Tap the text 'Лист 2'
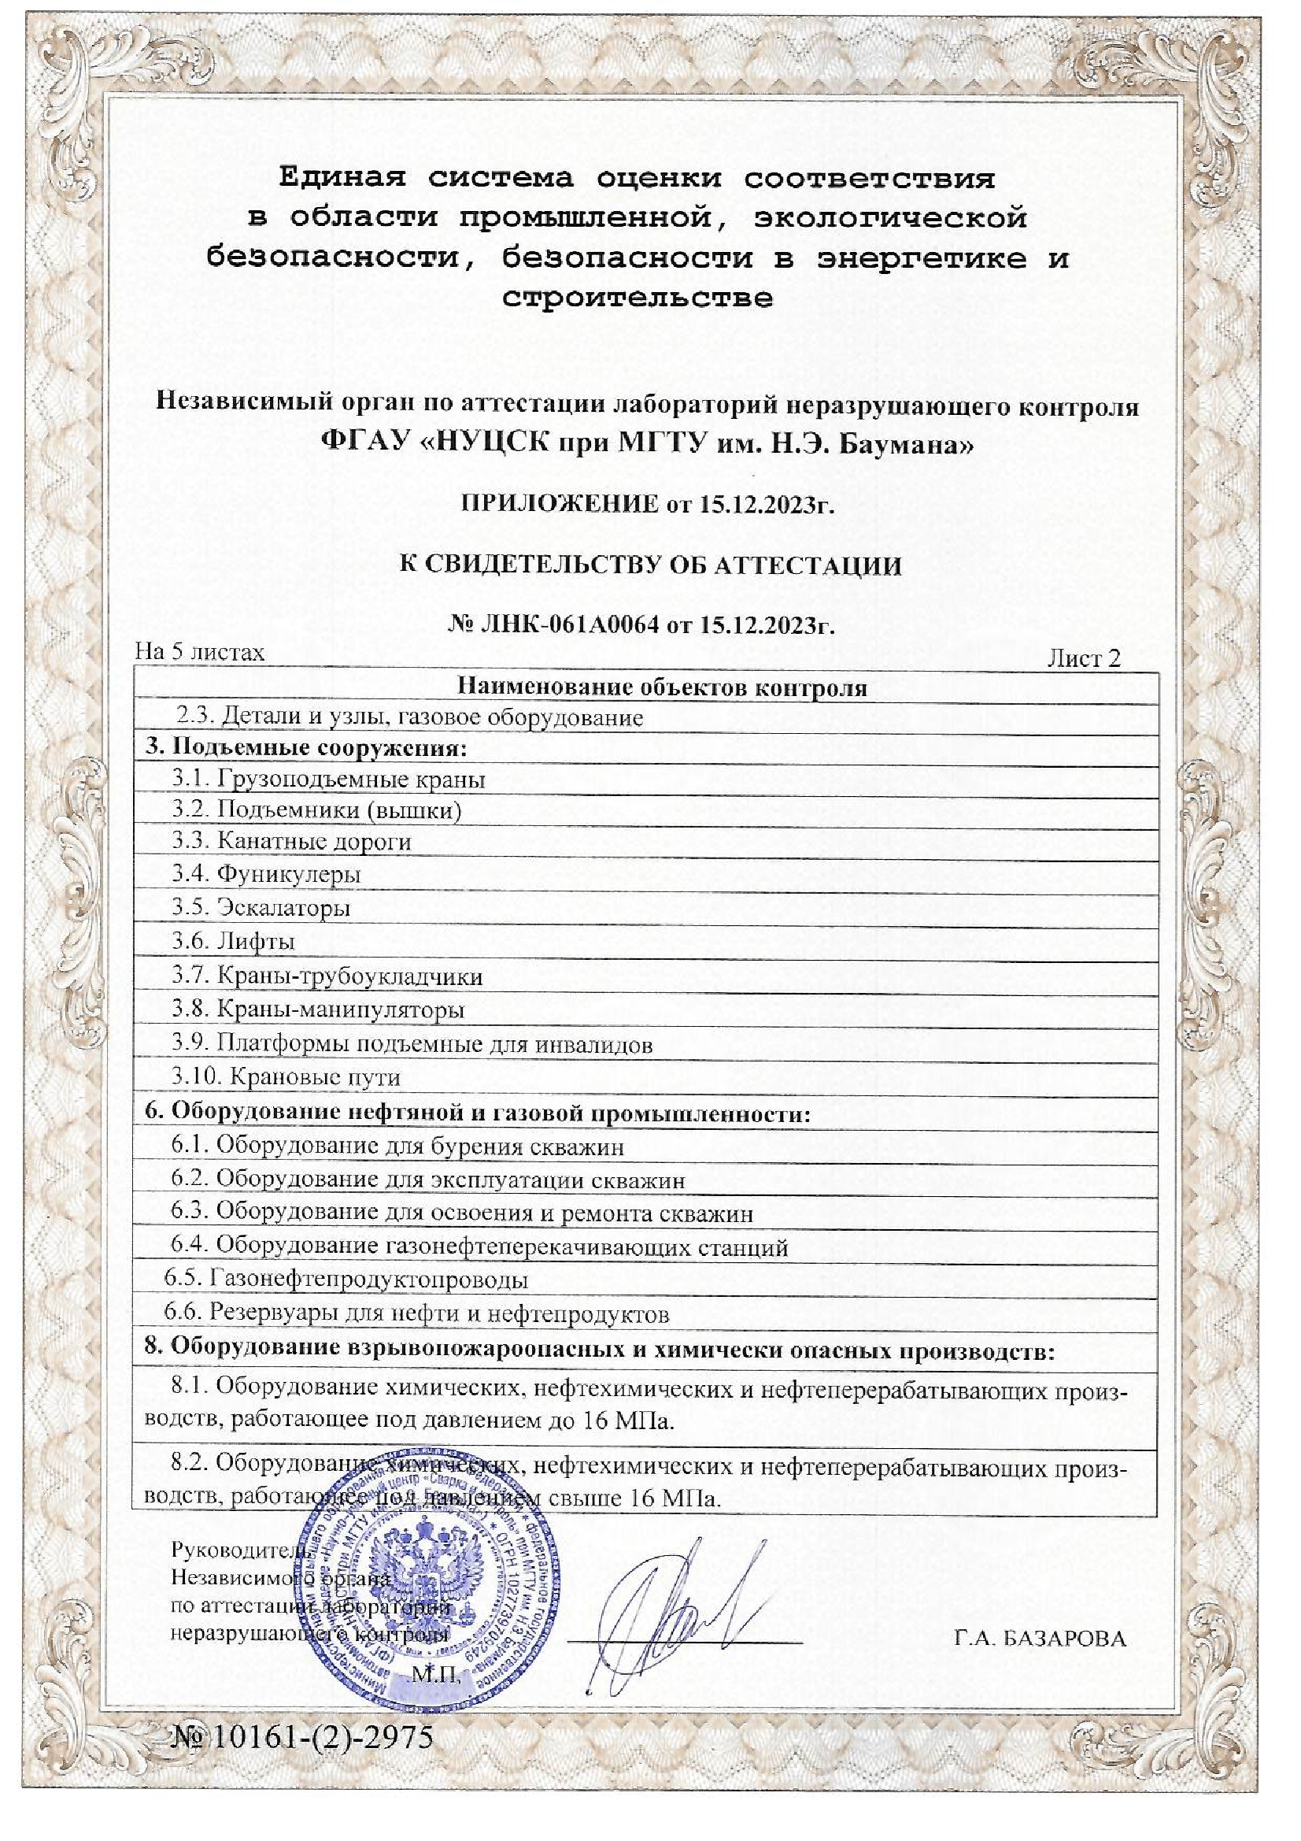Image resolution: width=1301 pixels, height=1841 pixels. click(1084, 659)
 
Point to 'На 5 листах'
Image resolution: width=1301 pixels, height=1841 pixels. click(200, 652)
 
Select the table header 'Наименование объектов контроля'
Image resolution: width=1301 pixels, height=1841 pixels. click(661, 687)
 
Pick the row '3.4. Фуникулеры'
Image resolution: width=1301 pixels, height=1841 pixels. click(266, 874)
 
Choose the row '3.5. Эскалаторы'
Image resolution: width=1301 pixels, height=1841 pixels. click(261, 908)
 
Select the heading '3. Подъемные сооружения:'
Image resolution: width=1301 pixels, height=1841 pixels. click(305, 749)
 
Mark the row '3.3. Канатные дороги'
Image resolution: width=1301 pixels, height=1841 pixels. click(291, 841)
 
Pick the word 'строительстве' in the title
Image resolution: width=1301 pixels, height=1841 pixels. click(638, 299)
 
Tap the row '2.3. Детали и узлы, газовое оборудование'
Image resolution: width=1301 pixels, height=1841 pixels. click(410, 717)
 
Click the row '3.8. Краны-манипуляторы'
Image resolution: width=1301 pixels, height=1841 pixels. click(318, 1009)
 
